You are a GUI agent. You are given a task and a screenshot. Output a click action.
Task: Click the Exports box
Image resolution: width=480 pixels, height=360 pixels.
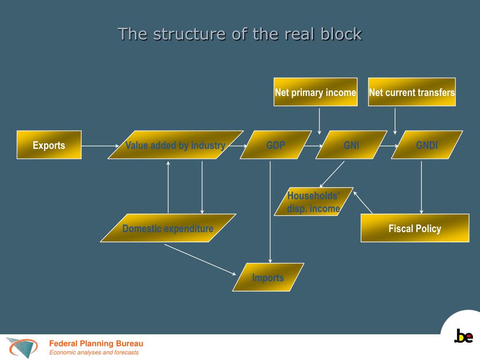(x=49, y=145)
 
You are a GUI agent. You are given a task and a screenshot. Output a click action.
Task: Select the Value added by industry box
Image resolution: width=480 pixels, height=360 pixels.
(x=175, y=145)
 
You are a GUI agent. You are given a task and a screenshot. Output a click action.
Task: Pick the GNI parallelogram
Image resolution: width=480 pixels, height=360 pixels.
(x=351, y=145)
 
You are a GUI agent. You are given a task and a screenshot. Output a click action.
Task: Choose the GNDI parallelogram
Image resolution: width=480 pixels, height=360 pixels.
(x=427, y=145)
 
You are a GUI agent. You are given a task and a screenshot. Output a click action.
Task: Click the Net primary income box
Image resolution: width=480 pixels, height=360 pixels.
(x=315, y=92)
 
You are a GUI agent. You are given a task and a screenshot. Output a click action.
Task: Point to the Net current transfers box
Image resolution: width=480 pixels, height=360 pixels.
(x=412, y=92)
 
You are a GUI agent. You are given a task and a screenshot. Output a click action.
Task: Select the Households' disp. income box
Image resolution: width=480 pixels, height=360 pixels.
(x=314, y=202)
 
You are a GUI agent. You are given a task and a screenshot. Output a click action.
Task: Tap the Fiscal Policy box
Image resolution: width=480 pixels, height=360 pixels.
(x=414, y=228)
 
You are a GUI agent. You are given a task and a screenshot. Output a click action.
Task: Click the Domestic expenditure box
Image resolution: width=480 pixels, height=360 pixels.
(x=168, y=228)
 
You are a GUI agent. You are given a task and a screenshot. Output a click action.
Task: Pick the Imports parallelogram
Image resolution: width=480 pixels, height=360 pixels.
(x=268, y=277)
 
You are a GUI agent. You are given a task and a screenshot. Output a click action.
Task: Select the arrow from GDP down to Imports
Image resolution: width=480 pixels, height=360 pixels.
(x=270, y=211)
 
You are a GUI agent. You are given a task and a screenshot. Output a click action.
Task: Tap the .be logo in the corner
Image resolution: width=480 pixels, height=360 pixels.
(x=463, y=336)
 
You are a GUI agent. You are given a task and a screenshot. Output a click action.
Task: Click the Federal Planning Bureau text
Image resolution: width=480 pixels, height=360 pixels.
(x=96, y=344)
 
